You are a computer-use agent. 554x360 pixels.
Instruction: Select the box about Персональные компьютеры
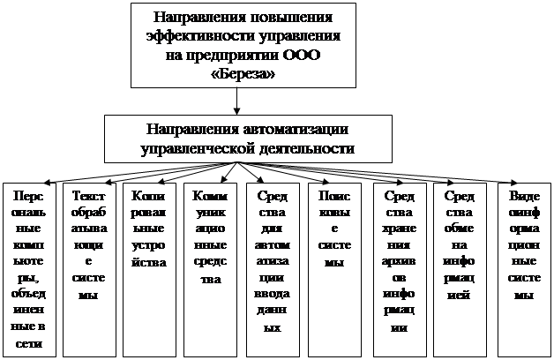tap(29, 269)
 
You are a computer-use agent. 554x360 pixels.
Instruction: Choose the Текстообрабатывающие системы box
tap(88, 269)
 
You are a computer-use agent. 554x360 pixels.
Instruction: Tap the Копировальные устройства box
tap(148, 269)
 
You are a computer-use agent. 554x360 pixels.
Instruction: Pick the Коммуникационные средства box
tap(208, 269)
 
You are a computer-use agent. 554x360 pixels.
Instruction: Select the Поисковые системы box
tap(333, 269)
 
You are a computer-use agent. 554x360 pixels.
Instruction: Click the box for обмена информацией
tap(459, 269)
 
